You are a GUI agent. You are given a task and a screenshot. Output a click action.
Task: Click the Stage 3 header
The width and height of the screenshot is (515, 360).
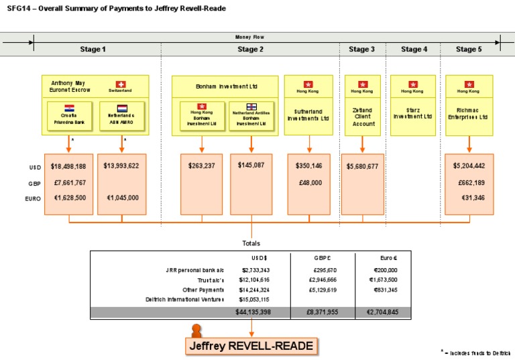click(362, 49)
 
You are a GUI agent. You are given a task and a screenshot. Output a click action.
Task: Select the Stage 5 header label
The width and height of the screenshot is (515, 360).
click(469, 49)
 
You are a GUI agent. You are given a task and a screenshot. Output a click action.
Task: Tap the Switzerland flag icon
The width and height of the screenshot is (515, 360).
click(121, 84)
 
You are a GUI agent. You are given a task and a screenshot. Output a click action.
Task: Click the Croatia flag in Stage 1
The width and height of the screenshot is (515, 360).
click(69, 108)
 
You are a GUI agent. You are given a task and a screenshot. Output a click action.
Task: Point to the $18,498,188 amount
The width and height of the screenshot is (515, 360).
click(68, 166)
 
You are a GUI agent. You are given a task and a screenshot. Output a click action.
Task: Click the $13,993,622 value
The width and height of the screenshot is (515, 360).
click(121, 166)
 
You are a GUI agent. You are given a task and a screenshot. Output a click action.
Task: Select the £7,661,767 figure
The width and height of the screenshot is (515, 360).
click(68, 182)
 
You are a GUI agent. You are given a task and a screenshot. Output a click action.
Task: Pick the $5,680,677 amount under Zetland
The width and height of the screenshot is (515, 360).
click(363, 166)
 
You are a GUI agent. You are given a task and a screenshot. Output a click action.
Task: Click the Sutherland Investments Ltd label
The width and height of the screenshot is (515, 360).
click(309, 115)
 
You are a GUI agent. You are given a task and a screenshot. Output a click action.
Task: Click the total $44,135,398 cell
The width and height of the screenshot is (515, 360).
click(253, 312)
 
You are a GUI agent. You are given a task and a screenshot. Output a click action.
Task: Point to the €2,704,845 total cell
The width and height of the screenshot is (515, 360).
click(383, 312)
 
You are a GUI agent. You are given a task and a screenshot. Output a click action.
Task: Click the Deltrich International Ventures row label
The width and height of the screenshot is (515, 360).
click(184, 300)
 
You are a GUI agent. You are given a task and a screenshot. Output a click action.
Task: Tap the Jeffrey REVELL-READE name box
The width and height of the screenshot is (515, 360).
click(251, 346)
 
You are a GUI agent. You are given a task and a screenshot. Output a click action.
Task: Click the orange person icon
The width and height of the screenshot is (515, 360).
click(196, 330)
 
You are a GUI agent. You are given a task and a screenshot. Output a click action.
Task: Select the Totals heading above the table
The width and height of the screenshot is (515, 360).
click(251, 243)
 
